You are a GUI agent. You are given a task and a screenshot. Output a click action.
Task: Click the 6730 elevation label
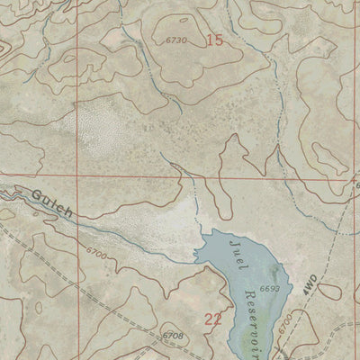pyautogui.click(x=177, y=40)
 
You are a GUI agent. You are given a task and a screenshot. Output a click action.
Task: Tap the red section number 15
pyautogui.click(x=214, y=40)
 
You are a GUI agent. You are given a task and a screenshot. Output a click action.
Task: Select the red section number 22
pyautogui.click(x=213, y=318)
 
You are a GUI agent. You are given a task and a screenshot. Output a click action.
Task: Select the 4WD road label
pyautogui.click(x=310, y=285)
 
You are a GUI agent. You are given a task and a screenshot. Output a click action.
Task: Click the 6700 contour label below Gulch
pyautogui.click(x=98, y=256)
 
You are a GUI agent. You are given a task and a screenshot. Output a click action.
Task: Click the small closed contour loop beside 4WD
pyautogui.click(x=329, y=291)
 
